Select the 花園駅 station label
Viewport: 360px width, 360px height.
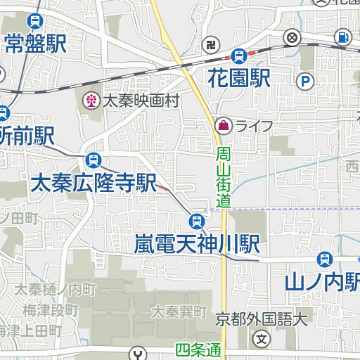click(x=239, y=77)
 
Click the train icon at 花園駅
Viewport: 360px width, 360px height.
click(x=239, y=54)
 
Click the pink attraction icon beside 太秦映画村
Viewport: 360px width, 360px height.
click(x=91, y=101)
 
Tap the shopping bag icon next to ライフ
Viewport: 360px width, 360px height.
click(x=222, y=126)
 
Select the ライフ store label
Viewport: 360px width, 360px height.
click(x=254, y=127)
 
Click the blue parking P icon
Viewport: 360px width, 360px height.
click(x=305, y=82)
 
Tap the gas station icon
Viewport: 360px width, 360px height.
click(x=342, y=36)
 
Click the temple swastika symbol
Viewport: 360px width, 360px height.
click(x=209, y=47)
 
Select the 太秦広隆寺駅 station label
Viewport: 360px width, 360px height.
click(x=93, y=184)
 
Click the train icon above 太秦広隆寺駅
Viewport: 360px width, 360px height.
click(x=93, y=160)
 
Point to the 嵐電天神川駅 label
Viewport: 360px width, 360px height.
click(x=198, y=244)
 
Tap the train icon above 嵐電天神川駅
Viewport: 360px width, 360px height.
click(x=197, y=221)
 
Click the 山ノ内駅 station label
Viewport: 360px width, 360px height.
click(x=323, y=282)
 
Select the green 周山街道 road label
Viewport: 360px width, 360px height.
click(x=223, y=177)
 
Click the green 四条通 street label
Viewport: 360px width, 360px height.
click(x=198, y=349)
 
